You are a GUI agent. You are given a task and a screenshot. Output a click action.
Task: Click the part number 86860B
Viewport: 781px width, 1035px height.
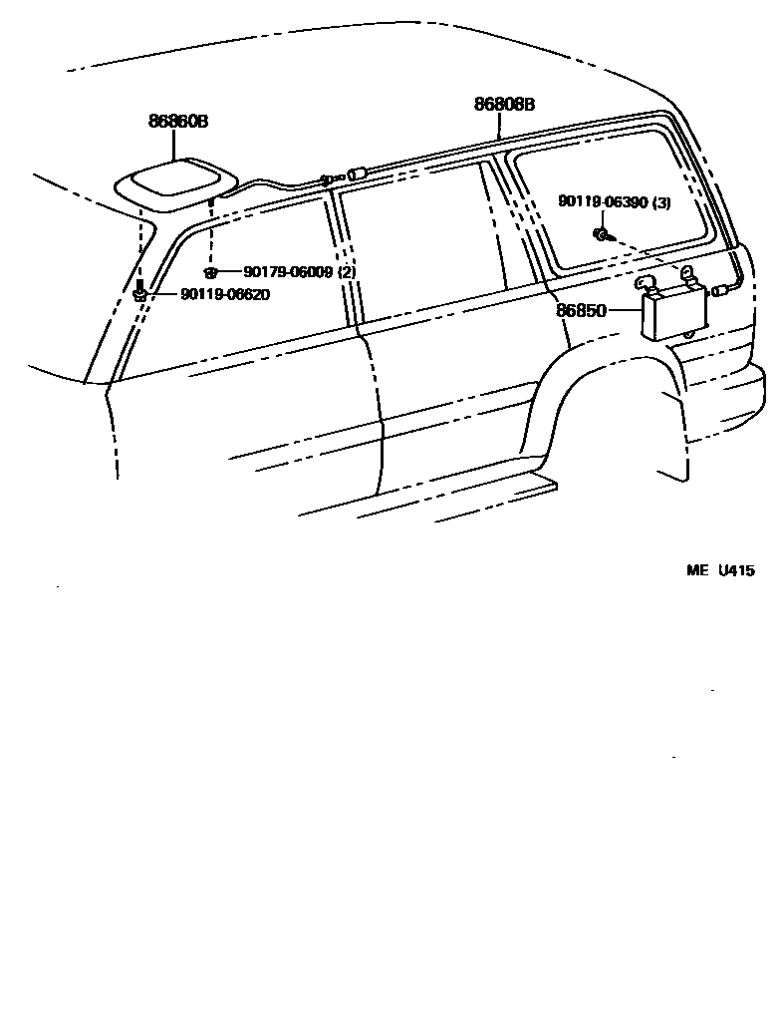pos(178,122)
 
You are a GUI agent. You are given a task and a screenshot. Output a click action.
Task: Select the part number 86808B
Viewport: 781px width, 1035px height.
pos(504,104)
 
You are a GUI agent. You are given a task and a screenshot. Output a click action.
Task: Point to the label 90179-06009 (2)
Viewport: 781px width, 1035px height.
pos(300,271)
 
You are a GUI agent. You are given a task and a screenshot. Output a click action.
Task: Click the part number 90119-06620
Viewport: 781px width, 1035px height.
pos(225,294)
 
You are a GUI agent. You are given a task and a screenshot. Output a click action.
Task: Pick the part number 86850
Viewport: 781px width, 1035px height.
pos(581,310)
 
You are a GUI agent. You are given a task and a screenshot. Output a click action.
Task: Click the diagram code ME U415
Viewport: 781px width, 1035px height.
pos(720,570)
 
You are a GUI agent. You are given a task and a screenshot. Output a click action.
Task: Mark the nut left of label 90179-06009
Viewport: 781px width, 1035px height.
pos(210,272)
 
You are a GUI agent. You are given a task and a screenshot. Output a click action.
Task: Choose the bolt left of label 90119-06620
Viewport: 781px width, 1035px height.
pos(140,293)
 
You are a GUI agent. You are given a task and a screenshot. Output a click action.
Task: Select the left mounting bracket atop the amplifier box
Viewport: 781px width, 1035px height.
pos(645,285)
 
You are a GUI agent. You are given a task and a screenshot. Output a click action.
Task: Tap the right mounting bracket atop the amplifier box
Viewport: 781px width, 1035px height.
pos(688,273)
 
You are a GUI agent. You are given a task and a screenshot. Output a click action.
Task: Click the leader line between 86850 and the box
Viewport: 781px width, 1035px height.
pos(622,310)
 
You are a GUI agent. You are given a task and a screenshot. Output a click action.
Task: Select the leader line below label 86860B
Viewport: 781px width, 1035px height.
pos(177,145)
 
